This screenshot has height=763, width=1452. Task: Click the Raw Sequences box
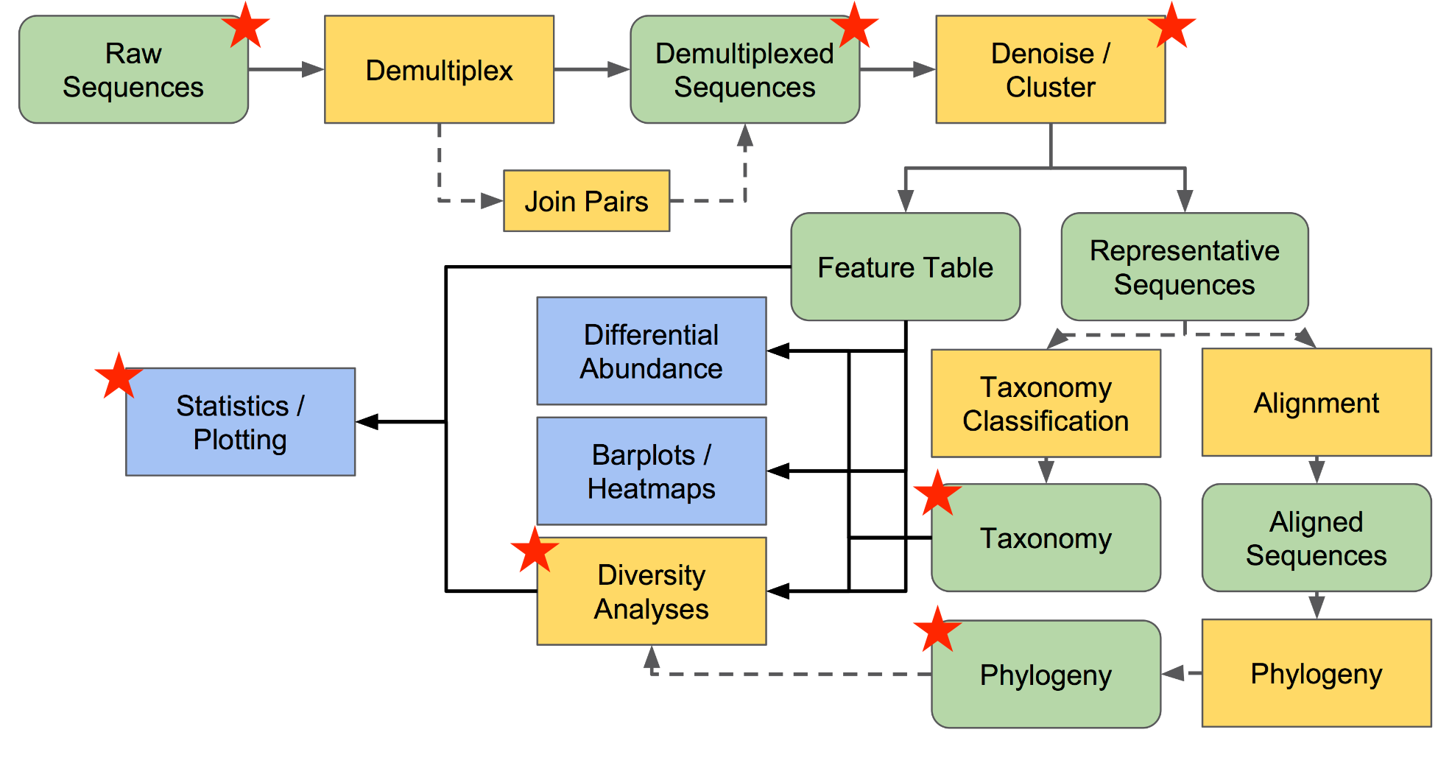pyautogui.click(x=133, y=70)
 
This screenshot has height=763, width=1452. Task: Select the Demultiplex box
pyautogui.click(x=439, y=70)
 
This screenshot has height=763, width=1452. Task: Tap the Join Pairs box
pyautogui.click(x=586, y=201)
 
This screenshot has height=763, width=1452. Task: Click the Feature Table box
pyautogui.click(x=905, y=267)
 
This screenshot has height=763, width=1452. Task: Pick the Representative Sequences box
pyautogui.click(x=1184, y=267)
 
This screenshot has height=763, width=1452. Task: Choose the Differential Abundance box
pyautogui.click(x=651, y=351)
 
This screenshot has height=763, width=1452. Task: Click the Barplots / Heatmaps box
pyautogui.click(x=651, y=471)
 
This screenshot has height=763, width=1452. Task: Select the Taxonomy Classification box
pyautogui.click(x=1046, y=404)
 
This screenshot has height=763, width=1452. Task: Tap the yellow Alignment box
pyautogui.click(x=1316, y=403)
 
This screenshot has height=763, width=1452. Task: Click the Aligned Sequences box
pyautogui.click(x=1316, y=538)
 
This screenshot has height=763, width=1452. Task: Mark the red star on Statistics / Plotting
pyautogui.click(x=119, y=376)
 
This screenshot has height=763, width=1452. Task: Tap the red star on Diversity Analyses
pyautogui.click(x=535, y=549)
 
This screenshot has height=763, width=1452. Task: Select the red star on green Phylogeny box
pyautogui.click(x=937, y=630)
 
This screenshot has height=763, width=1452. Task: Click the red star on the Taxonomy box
pyautogui.click(x=937, y=493)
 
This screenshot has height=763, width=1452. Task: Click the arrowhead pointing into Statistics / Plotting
pyautogui.click(x=367, y=422)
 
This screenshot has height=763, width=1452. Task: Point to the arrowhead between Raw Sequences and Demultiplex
pyautogui.click(x=313, y=70)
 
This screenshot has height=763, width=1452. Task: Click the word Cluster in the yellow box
pyautogui.click(x=1050, y=88)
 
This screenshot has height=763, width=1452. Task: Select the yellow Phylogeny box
pyautogui.click(x=1316, y=674)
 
